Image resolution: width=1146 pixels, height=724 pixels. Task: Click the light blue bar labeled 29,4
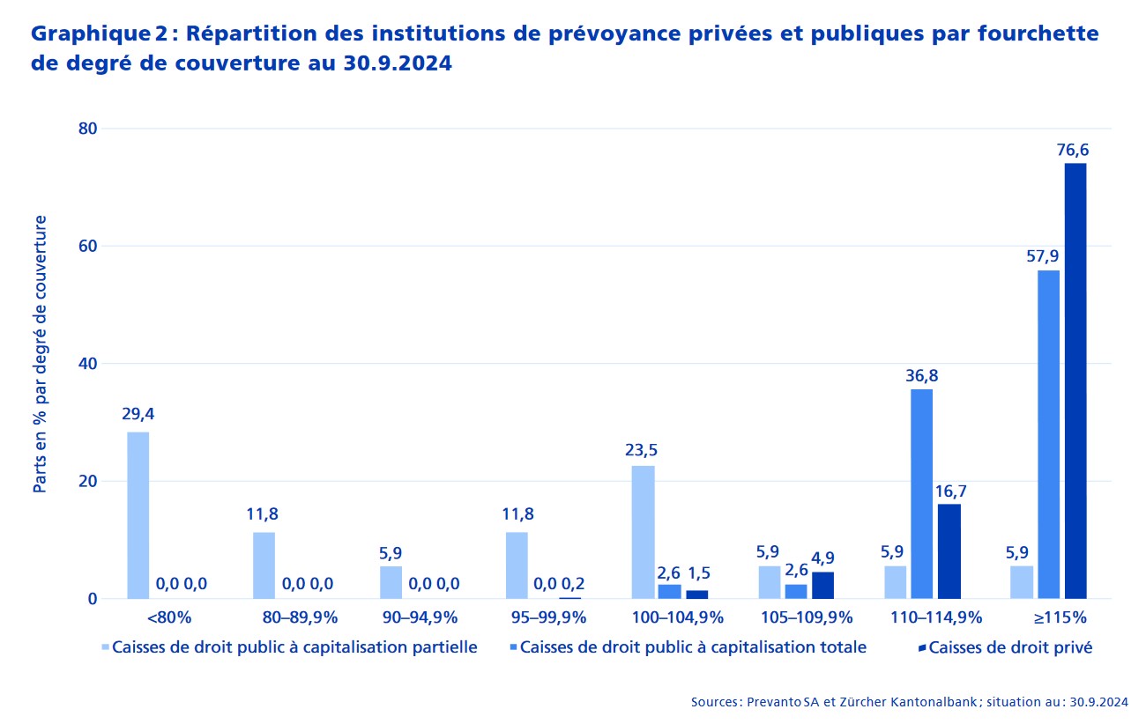[138, 515]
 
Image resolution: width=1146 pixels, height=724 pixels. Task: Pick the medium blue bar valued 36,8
[921, 494]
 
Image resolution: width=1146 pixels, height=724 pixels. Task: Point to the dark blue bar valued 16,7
[949, 551]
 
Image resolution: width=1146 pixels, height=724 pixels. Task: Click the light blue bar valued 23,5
[644, 532]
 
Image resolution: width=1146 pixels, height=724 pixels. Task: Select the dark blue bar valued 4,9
[822, 585]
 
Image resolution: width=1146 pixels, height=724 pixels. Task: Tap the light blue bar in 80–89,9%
[264, 565]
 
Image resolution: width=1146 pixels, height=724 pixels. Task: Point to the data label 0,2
[573, 583]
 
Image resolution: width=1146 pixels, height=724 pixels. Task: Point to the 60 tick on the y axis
[86, 246]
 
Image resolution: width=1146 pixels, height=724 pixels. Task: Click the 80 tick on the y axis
[86, 129]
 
